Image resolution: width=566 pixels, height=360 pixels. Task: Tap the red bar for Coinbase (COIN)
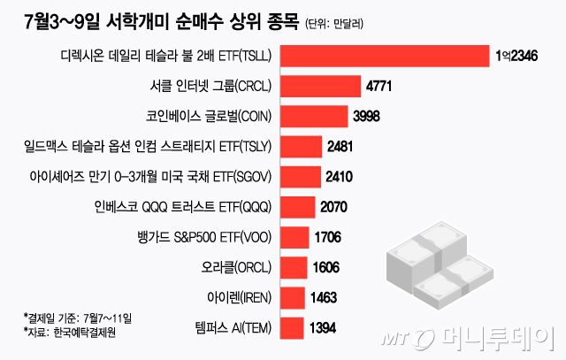click(313, 116)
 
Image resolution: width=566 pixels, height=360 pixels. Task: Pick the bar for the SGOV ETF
click(301, 176)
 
